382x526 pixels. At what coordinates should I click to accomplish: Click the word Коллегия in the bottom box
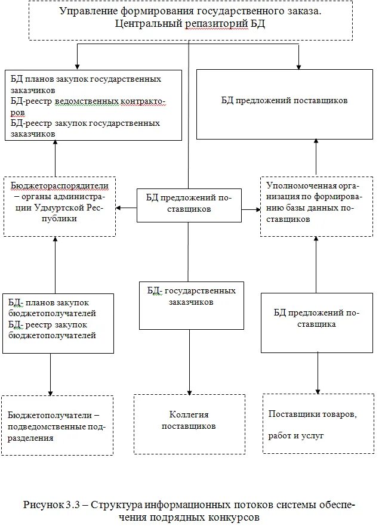coord(189,414)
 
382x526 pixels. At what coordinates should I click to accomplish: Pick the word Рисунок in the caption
coord(44,505)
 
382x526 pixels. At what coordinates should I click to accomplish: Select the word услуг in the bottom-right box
coord(311,436)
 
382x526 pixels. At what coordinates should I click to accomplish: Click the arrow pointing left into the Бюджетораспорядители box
coord(119,208)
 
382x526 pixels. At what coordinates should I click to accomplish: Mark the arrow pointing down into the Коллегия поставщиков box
coord(189,390)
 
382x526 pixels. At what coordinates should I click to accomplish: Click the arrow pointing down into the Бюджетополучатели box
coord(51,391)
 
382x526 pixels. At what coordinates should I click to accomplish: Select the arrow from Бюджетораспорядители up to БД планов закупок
coord(56,145)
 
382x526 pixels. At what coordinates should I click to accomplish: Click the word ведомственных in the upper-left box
coord(87,101)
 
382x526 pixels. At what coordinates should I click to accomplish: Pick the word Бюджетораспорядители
coord(53,185)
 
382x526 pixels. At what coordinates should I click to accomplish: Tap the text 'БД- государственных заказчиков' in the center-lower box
coord(192,296)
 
